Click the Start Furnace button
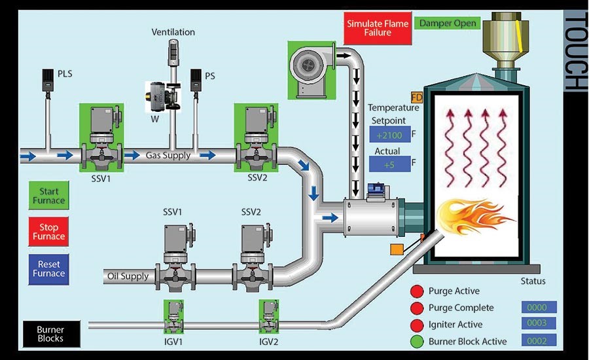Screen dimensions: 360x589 [x=49, y=196]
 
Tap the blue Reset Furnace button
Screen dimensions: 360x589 [x=49, y=268]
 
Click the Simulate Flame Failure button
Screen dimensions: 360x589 [x=378, y=28]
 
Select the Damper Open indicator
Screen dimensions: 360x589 [x=446, y=23]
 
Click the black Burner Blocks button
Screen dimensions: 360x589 [x=50, y=334]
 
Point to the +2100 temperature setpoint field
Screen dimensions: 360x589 [x=389, y=135]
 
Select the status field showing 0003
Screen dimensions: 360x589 [x=539, y=323]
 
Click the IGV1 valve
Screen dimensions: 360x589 [x=173, y=317]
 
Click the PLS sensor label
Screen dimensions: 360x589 [x=65, y=74]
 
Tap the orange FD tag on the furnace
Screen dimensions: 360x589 [x=417, y=99]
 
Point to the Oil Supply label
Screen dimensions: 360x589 [x=128, y=276]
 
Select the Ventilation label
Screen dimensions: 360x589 [x=173, y=32]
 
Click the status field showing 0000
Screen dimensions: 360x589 [x=539, y=307]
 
